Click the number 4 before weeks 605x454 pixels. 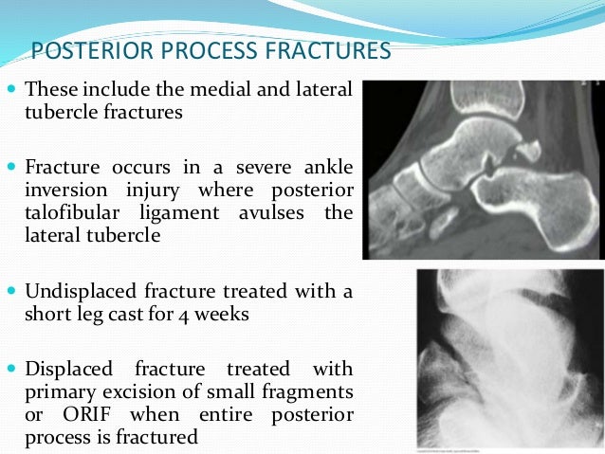[x=199, y=315]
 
